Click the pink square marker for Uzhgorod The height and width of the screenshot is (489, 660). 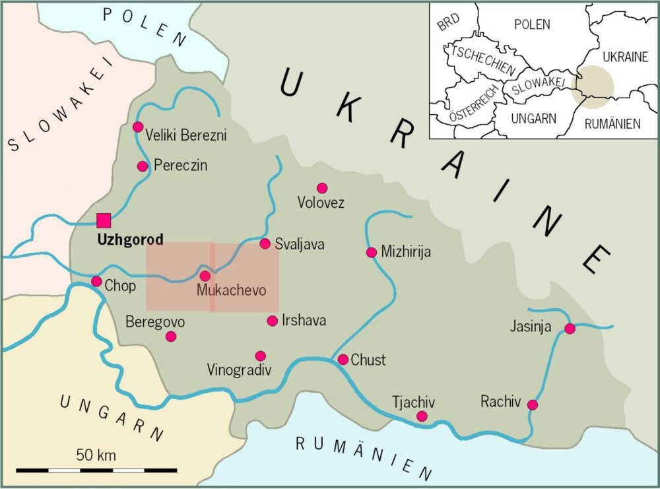104,220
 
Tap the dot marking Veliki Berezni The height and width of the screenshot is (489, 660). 138,127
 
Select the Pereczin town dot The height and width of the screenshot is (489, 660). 143,166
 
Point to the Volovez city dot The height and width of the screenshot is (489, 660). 322,188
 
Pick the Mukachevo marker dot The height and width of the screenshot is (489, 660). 205,276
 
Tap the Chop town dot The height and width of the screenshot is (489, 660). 96,282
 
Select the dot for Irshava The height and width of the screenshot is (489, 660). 273,321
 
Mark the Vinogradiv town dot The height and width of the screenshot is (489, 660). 261,356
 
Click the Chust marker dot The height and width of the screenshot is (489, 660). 343,360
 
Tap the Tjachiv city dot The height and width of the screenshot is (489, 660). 422,416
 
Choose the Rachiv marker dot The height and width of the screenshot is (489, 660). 533,405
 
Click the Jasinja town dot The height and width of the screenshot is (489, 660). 570,329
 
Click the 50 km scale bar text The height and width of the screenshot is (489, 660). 96,455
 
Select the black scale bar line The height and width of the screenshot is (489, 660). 96,470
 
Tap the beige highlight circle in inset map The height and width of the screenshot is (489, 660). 592,86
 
